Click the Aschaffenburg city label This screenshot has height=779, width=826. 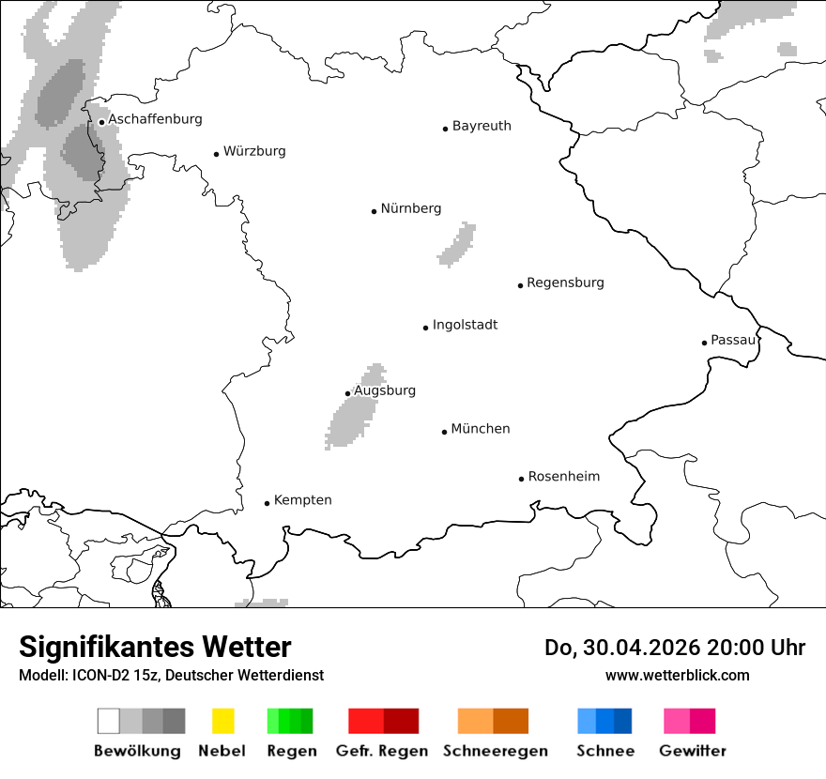pyautogui.click(x=155, y=119)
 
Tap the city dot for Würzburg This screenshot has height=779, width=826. pyautogui.click(x=216, y=154)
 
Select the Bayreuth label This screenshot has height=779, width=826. pyautogui.click(x=482, y=126)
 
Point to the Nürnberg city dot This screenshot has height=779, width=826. pyautogui.click(x=374, y=211)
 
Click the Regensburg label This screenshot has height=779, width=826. pyautogui.click(x=565, y=283)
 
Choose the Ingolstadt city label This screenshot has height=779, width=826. pyautogui.click(x=465, y=326)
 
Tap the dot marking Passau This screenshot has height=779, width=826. pyautogui.click(x=704, y=343)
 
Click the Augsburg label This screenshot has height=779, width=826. pyautogui.click(x=385, y=390)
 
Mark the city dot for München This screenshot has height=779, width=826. pyautogui.click(x=444, y=432)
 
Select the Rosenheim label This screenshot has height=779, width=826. pyautogui.click(x=563, y=477)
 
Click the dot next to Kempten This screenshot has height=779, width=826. pyautogui.click(x=267, y=503)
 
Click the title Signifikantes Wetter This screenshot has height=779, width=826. pyautogui.click(x=155, y=648)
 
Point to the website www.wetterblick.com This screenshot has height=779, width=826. pyautogui.click(x=677, y=675)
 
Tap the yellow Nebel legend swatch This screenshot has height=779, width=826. pyautogui.click(x=222, y=721)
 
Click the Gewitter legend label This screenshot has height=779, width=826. pyautogui.click(x=692, y=751)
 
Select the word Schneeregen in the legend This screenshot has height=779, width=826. pyautogui.click(x=495, y=751)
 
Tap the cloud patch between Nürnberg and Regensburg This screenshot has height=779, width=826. pyautogui.click(x=458, y=246)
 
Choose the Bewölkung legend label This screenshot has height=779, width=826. pyautogui.click(x=137, y=751)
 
